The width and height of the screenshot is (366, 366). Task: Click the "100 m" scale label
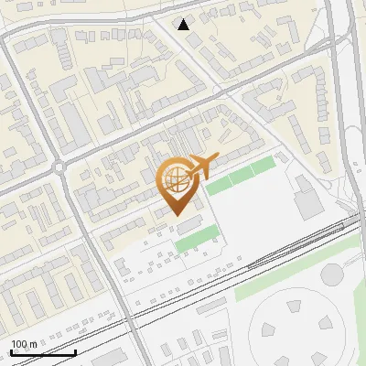pos(24,344)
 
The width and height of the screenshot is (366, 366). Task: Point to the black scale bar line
pos(43,352)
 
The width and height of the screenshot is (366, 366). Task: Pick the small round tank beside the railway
pos(331,274)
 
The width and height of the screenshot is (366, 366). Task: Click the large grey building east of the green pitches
pos(307,196)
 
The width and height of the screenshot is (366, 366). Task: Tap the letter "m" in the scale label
pos(33,344)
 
